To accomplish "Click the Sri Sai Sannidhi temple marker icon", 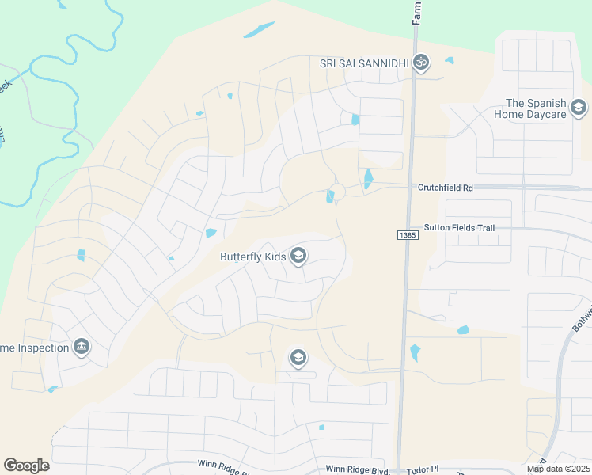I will pyautogui.click(x=422, y=63).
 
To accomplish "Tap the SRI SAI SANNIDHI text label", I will pyautogui.click(x=363, y=63).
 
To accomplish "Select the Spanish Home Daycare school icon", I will pyautogui.click(x=579, y=108).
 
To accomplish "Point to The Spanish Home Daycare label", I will pyautogui.click(x=535, y=108).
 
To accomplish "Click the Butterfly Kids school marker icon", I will pyautogui.click(x=298, y=256).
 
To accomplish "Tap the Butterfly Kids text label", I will pyautogui.click(x=252, y=256).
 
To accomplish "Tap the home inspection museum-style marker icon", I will pyautogui.click(x=82, y=347).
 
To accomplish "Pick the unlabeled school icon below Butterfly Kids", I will pyautogui.click(x=298, y=359).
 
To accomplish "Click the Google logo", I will pyautogui.click(x=26, y=465).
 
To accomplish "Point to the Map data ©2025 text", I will pyautogui.click(x=558, y=469).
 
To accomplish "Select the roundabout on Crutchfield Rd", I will pyautogui.click(x=339, y=191).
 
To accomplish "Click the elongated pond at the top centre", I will pyautogui.click(x=259, y=29).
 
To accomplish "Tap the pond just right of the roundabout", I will pyautogui.click(x=369, y=180).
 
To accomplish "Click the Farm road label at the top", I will pyautogui.click(x=417, y=13).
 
